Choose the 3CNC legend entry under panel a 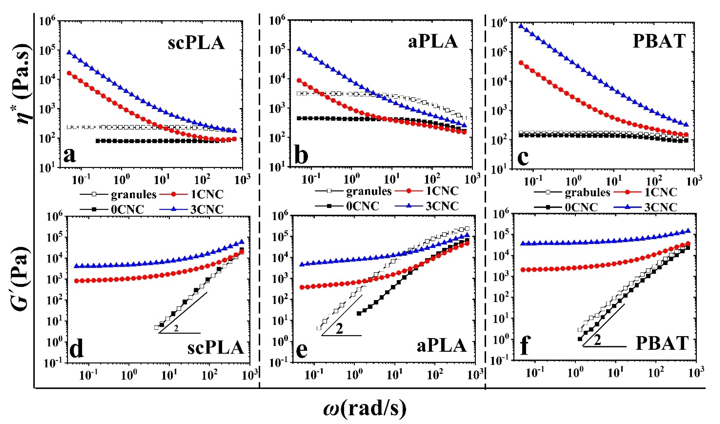(x=207, y=209)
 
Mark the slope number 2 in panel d (x=176, y=329)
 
